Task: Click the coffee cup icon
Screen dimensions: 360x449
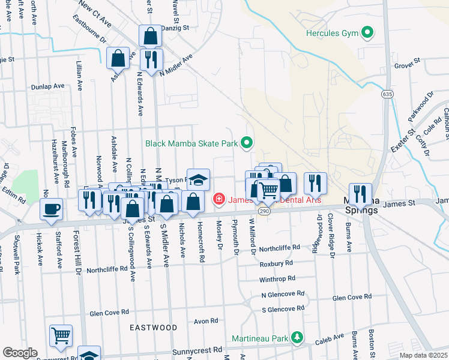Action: (x=52, y=208)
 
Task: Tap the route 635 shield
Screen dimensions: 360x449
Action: (x=386, y=94)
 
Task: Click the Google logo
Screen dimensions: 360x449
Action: (x=19, y=353)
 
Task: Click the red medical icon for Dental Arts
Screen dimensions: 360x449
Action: (x=219, y=199)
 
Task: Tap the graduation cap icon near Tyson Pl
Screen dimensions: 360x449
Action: (x=198, y=179)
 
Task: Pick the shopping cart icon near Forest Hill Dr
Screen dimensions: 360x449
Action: (x=61, y=335)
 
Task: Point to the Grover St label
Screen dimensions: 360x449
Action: (x=406, y=65)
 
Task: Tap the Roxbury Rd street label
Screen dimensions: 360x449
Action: (x=276, y=263)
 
